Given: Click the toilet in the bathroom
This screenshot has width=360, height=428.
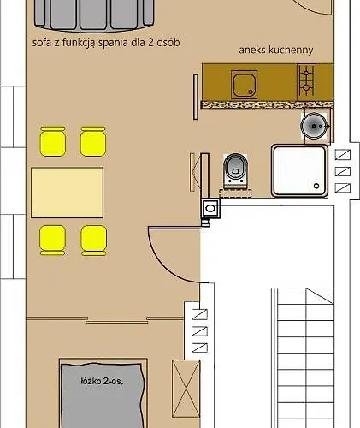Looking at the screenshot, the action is click(x=235, y=169).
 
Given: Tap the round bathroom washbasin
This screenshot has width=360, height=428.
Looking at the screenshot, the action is click(x=314, y=126).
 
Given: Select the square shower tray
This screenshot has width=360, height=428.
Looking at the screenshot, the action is click(x=299, y=170).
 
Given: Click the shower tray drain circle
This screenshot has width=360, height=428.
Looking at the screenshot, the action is click(x=316, y=186).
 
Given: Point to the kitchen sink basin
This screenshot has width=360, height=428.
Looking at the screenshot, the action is click(x=245, y=85).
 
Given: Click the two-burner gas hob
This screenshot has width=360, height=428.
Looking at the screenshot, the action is click(x=306, y=80).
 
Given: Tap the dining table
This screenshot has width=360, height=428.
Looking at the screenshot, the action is click(x=67, y=193).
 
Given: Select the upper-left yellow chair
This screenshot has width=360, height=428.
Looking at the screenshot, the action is click(x=53, y=141).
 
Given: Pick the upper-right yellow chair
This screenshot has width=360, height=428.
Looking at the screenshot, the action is click(x=93, y=141).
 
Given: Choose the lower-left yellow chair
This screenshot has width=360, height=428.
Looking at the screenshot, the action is click(x=52, y=240).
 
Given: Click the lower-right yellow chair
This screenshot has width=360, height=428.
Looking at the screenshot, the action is click(x=94, y=240).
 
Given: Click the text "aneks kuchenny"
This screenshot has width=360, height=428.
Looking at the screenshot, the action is click(x=276, y=50).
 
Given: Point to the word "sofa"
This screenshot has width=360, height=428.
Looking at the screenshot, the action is click(x=42, y=43).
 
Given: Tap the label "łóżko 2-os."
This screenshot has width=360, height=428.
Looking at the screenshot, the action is click(x=102, y=381).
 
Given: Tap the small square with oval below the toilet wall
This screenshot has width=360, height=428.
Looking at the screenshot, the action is click(x=210, y=208).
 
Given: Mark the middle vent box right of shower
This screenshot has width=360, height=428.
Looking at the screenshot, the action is click(x=343, y=171).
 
